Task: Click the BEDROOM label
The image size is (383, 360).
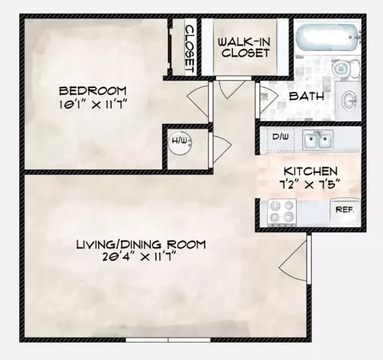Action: click(x=93, y=91)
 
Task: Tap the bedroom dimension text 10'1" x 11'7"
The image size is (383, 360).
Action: click(x=92, y=105)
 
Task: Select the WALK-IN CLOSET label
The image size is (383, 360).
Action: click(x=244, y=47)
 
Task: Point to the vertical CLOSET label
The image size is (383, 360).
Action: click(x=190, y=49)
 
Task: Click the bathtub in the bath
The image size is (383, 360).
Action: click(x=328, y=38)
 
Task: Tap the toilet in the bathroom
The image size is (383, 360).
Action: click(x=346, y=69)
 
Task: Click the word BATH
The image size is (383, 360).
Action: click(x=306, y=96)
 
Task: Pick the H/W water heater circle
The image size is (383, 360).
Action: click(x=181, y=143)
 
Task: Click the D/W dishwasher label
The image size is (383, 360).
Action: click(x=280, y=136)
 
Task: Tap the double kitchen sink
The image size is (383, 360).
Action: click(x=318, y=140)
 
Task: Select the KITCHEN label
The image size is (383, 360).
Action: click(x=310, y=171)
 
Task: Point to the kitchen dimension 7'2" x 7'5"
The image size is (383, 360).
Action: click(x=310, y=184)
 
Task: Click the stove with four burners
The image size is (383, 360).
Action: click(x=282, y=212)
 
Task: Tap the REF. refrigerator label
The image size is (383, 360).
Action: click(x=345, y=210)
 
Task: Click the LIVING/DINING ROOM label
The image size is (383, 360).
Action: click(x=141, y=244)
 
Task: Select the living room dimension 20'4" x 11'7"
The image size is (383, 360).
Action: click(x=140, y=257)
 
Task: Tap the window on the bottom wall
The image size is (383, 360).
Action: click(x=168, y=340)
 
